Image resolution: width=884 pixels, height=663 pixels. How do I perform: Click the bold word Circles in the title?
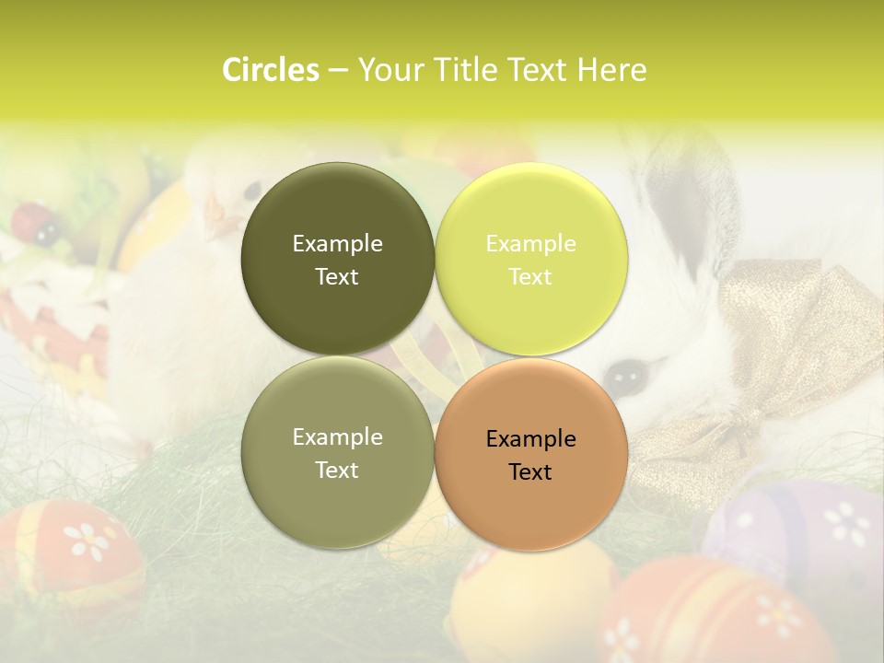[x=270, y=70]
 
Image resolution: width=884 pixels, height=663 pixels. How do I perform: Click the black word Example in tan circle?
[x=530, y=439]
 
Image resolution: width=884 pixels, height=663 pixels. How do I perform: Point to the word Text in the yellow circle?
[x=530, y=276]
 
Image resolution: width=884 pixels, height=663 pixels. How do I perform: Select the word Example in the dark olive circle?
[x=337, y=243]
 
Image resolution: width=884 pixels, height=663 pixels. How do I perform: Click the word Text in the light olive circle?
[x=337, y=470]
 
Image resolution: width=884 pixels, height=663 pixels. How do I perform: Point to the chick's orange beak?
[x=220, y=222]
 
